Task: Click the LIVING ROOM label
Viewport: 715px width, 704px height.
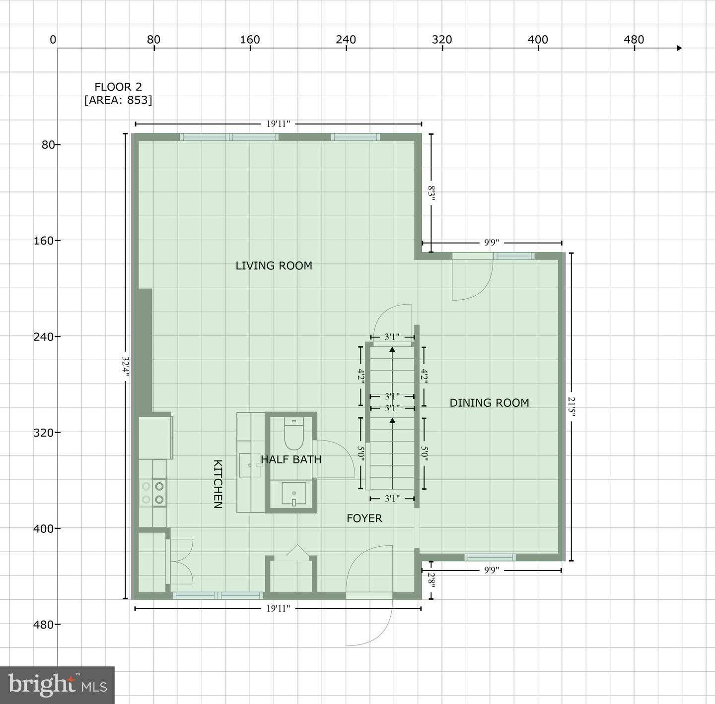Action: click(x=274, y=265)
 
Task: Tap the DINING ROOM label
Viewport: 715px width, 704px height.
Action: click(x=489, y=403)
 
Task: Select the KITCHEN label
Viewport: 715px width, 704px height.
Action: click(x=218, y=484)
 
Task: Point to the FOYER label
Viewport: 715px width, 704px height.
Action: click(x=364, y=518)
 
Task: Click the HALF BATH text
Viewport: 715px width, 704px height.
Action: click(x=291, y=459)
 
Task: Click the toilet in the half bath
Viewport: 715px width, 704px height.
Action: click(x=294, y=434)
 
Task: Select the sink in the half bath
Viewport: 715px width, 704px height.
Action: click(x=294, y=494)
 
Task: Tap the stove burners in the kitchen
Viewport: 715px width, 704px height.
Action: click(x=153, y=493)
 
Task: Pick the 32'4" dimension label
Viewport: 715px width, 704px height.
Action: click(x=126, y=367)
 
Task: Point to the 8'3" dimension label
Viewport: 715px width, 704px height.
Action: click(x=431, y=193)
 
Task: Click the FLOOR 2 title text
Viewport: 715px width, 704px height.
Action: click(x=118, y=87)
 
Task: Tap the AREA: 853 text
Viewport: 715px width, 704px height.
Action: click(x=118, y=100)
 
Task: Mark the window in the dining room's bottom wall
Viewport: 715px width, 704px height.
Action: click(x=490, y=557)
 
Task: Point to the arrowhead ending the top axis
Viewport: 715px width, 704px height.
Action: click(x=679, y=48)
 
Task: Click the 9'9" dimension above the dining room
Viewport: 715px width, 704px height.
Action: click(x=492, y=243)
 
